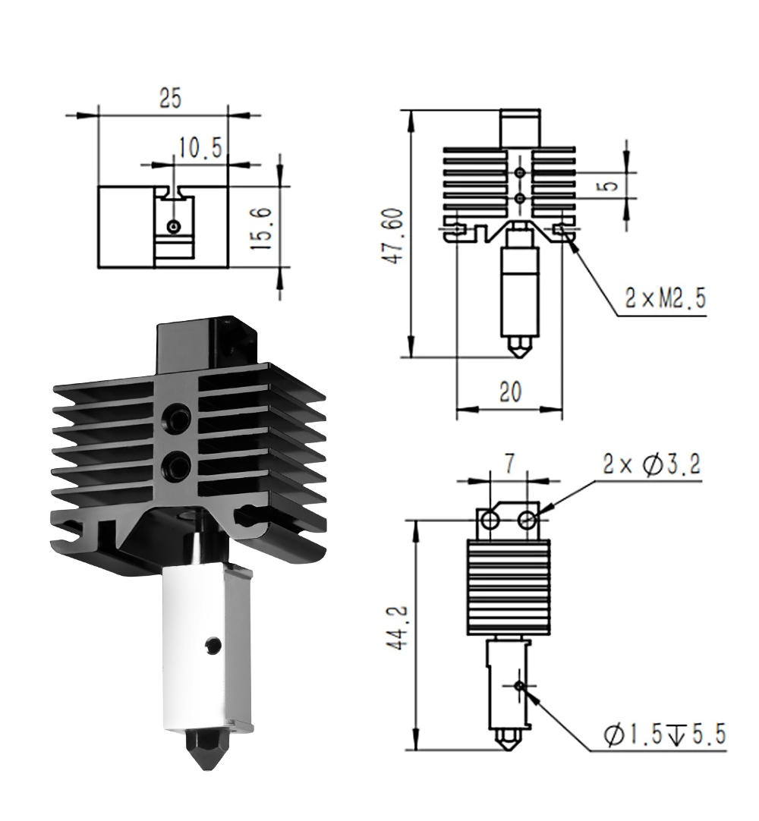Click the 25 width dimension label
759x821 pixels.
tap(170, 98)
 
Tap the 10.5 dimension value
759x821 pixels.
tap(200, 148)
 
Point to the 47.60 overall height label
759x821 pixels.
tap(395, 236)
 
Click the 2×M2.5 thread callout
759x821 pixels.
tap(665, 299)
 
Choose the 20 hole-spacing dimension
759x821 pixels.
tap(510, 391)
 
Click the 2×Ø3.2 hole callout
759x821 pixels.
tap(651, 464)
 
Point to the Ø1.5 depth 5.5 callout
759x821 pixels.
tap(664, 734)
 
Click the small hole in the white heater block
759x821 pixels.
tap(213, 644)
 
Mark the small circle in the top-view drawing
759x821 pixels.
tap(173, 227)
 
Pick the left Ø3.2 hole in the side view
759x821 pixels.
tap(491, 520)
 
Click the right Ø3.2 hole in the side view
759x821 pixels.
tap(526, 520)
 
